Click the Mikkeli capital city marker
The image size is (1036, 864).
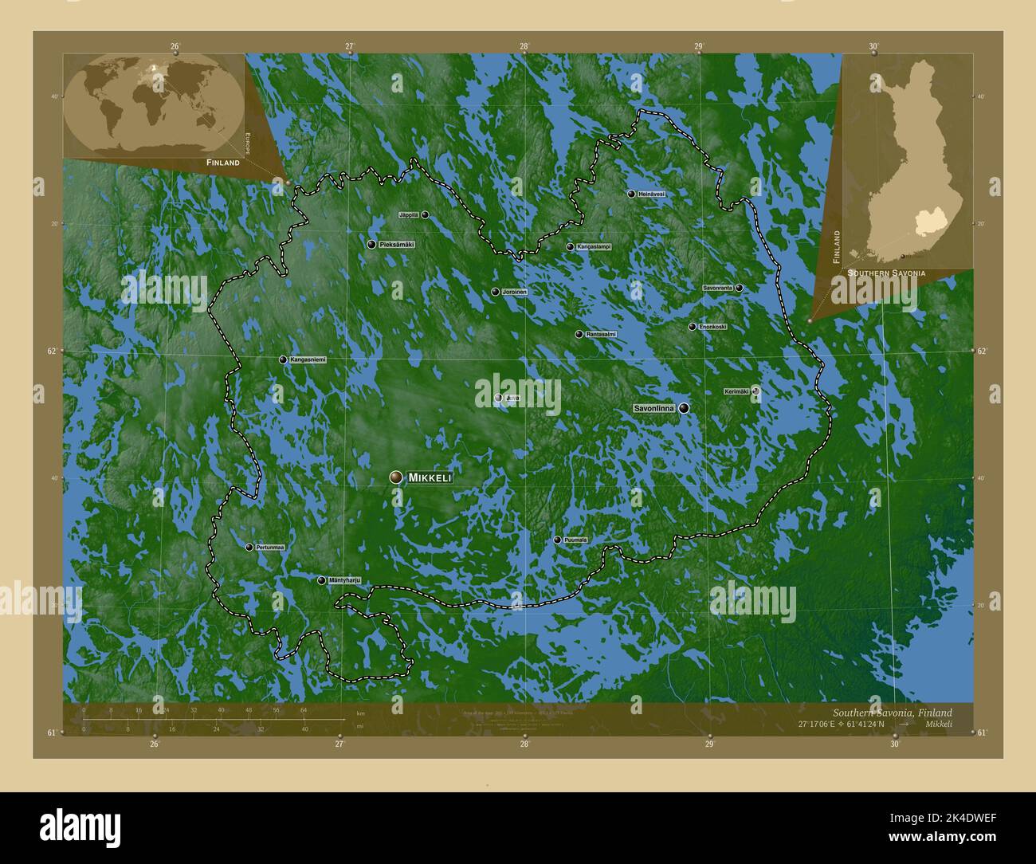click(x=395, y=477)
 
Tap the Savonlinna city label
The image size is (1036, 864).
click(x=654, y=408)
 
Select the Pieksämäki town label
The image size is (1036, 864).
click(x=397, y=244)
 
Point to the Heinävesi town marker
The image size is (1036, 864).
click(x=631, y=194)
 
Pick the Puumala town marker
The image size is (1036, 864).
click(x=557, y=540)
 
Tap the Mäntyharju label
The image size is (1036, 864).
click(x=345, y=580)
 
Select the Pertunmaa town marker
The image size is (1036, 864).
click(x=249, y=548)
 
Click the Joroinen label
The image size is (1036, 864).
click(x=515, y=293)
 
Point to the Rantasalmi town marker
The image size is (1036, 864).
click(x=579, y=335)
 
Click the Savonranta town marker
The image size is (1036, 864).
click(x=740, y=288)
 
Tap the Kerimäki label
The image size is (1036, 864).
click(x=736, y=391)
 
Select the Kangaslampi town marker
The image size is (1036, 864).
click(x=570, y=247)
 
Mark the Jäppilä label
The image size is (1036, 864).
click(x=408, y=214)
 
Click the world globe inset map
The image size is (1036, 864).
click(x=155, y=104)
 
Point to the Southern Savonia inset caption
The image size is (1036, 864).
click(x=886, y=273)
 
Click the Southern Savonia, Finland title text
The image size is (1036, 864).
click(x=892, y=713)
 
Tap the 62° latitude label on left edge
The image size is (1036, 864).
click(x=52, y=351)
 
